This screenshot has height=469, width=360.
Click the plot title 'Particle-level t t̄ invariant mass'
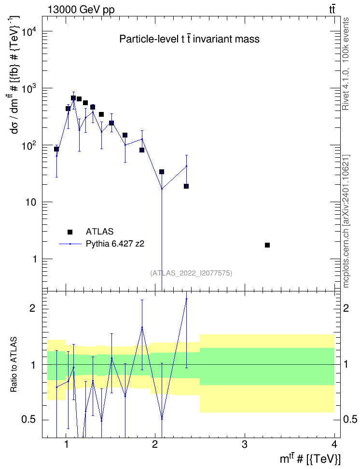coord(189,39)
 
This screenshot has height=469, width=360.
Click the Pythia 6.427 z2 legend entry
coord(102,244)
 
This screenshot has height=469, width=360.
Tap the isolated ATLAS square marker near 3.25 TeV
coord(267,245)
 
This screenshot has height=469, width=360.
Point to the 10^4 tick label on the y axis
coord(28,31)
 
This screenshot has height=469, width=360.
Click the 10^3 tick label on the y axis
coord(28,88)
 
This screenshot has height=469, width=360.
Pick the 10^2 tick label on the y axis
coord(28,145)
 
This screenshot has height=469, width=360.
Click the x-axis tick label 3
coord(245,444)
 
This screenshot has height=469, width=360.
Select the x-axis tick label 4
coord(334,444)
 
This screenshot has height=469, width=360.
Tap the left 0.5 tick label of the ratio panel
coord(28,420)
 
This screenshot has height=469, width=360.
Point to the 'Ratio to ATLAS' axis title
coord(14,365)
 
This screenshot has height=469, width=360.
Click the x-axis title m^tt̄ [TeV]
coord(310,458)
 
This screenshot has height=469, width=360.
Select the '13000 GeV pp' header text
coord(81,10)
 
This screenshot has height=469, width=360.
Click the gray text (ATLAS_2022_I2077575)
coord(191,273)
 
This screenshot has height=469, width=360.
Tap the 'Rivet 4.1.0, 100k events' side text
coord(346,64)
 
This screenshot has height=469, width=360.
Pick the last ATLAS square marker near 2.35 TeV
coord(186,186)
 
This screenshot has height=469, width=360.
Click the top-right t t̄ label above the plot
coord(332,10)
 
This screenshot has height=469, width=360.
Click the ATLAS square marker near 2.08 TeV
coord(162,172)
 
